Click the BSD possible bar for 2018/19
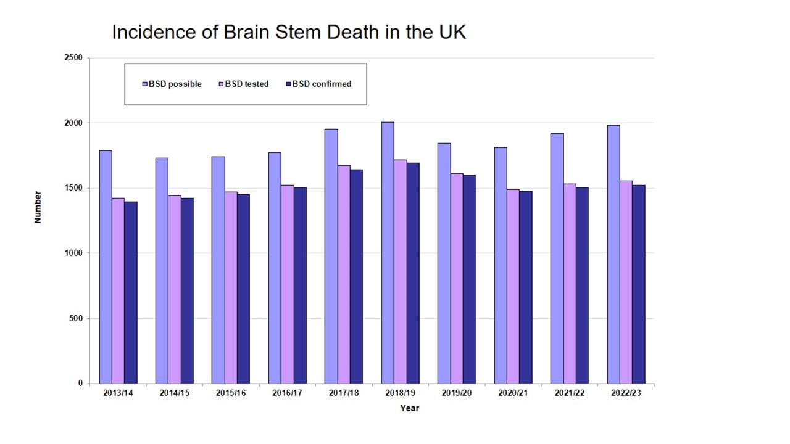[x=388, y=253]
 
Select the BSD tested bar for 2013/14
[x=118, y=290]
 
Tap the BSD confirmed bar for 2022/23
[x=638, y=284]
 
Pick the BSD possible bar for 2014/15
[x=162, y=271]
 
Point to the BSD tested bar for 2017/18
[x=344, y=274]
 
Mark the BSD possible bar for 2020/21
[x=501, y=265]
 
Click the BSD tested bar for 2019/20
[x=457, y=278]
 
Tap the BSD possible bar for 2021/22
[x=557, y=258]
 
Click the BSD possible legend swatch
[x=145, y=84]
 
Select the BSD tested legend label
[x=247, y=84]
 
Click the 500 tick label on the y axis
[x=75, y=318]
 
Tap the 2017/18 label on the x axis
[x=344, y=393]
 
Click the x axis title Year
[x=409, y=408]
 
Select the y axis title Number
[x=38, y=207]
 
